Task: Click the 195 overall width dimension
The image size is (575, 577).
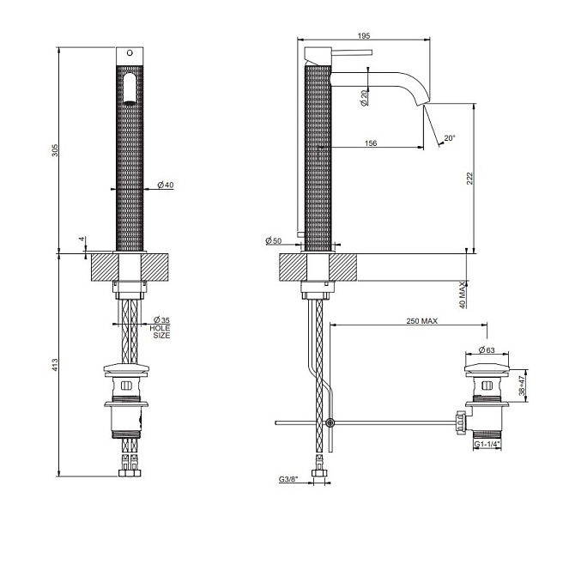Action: click(364, 36)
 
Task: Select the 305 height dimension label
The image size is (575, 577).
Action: click(55, 150)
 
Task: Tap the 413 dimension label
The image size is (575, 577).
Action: click(55, 364)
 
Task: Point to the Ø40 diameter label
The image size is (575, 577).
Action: click(166, 185)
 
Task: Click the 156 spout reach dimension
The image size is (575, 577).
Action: click(371, 143)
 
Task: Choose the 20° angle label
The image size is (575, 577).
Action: click(450, 138)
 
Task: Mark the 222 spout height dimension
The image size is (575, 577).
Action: click(469, 178)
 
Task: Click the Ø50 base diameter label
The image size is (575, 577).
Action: click(273, 240)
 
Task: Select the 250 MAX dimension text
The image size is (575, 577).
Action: click(422, 321)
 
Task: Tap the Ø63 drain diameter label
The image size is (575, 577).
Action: click(487, 349)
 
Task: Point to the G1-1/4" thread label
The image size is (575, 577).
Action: click(487, 444)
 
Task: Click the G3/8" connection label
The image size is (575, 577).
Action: click(288, 479)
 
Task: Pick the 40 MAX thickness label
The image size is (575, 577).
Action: click(463, 295)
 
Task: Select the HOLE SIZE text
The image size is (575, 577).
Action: click(160, 331)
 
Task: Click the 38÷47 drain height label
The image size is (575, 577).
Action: click(523, 386)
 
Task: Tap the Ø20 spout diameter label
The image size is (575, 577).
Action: click(364, 98)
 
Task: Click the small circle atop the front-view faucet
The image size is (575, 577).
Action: click(130, 53)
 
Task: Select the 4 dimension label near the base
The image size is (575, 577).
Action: click(82, 240)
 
